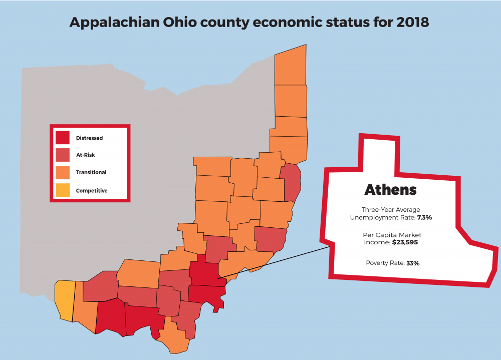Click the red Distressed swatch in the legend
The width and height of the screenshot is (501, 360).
pyautogui.click(x=63, y=137)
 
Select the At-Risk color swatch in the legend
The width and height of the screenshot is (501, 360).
pyautogui.click(x=63, y=155)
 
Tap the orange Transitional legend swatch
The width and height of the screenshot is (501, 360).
pyautogui.click(x=63, y=172)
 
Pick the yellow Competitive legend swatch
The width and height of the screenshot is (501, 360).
pyautogui.click(x=63, y=190)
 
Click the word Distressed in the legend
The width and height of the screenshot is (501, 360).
pyautogui.click(x=90, y=138)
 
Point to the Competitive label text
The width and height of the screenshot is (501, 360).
pyautogui.click(x=92, y=191)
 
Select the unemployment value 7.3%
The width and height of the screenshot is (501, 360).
pyautogui.click(x=424, y=217)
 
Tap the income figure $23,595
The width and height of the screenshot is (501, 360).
pyautogui.click(x=405, y=242)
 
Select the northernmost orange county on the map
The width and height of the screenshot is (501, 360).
pyautogui.click(x=291, y=65)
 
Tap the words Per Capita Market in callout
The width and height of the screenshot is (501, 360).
pyautogui.click(x=392, y=235)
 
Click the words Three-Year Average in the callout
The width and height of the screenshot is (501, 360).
pyautogui.click(x=391, y=210)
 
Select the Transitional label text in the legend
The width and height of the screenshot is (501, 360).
pyautogui.click(x=91, y=173)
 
